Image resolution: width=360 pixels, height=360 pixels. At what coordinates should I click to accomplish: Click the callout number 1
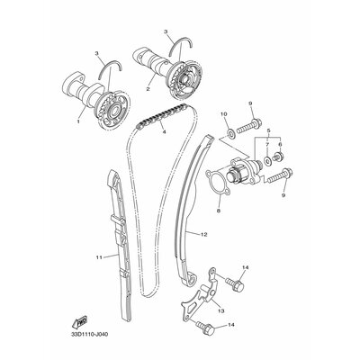(78, 121)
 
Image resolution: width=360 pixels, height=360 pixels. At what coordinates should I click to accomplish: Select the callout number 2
(148, 89)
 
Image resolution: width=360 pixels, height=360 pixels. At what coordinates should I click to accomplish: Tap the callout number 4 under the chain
(164, 131)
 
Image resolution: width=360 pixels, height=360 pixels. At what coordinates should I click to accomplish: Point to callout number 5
(269, 131)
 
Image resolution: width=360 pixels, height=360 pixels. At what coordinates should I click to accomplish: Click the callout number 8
(219, 211)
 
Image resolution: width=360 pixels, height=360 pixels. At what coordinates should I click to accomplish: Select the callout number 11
(99, 257)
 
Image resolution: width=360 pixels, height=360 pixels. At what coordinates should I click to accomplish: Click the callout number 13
(221, 310)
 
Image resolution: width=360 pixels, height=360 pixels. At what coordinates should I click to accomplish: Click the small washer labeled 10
(231, 131)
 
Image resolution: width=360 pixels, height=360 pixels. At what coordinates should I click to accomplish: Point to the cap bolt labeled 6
(279, 157)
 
